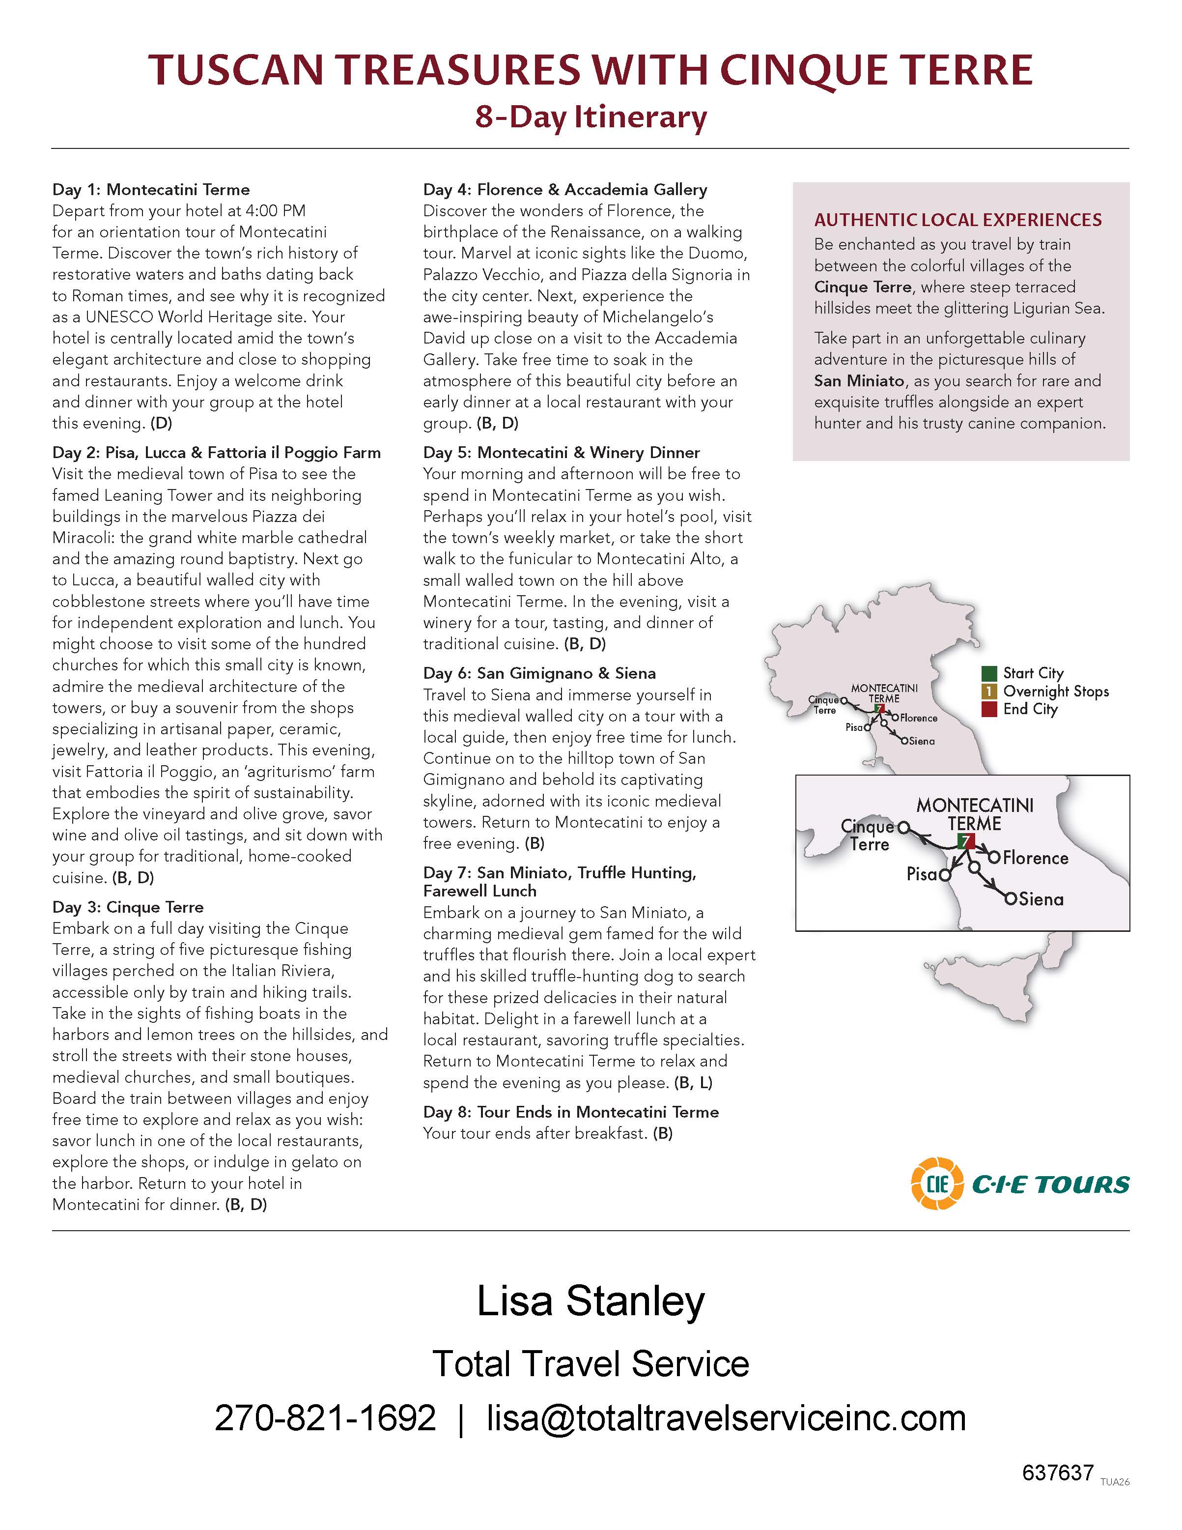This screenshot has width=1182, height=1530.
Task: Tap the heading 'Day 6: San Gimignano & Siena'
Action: [x=539, y=673]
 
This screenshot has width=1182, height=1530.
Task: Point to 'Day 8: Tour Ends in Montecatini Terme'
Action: [x=571, y=1112]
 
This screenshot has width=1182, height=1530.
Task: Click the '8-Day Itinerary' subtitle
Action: [x=591, y=117]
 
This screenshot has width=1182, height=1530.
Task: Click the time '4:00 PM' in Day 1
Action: [x=275, y=211]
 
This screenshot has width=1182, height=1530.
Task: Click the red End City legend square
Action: [x=989, y=709]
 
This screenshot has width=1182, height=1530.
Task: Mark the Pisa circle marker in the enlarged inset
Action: [x=945, y=875]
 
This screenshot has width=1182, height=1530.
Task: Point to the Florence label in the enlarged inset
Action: [x=1035, y=858]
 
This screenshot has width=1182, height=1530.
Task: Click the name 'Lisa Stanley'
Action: [x=591, y=1301]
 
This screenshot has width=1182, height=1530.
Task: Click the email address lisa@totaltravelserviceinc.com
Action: [x=726, y=1418]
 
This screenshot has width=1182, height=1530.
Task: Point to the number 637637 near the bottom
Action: [x=1057, y=1472]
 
